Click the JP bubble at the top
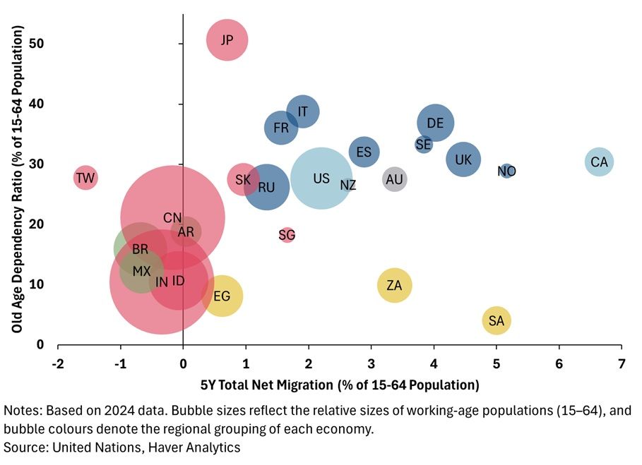[227, 40]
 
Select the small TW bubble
[85, 178]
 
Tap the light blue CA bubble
[599, 162]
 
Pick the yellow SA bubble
[497, 321]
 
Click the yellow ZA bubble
[394, 286]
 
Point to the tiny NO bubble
[506, 171]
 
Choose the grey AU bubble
[394, 179]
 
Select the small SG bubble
[287, 235]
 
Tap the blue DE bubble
[435, 123]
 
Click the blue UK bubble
[463, 159]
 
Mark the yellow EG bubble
[222, 296]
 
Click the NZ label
[348, 186]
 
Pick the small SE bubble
[423, 145]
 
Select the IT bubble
[303, 111]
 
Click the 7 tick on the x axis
[621, 363]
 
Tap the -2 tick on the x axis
[58, 363]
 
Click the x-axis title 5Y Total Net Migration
[340, 385]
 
